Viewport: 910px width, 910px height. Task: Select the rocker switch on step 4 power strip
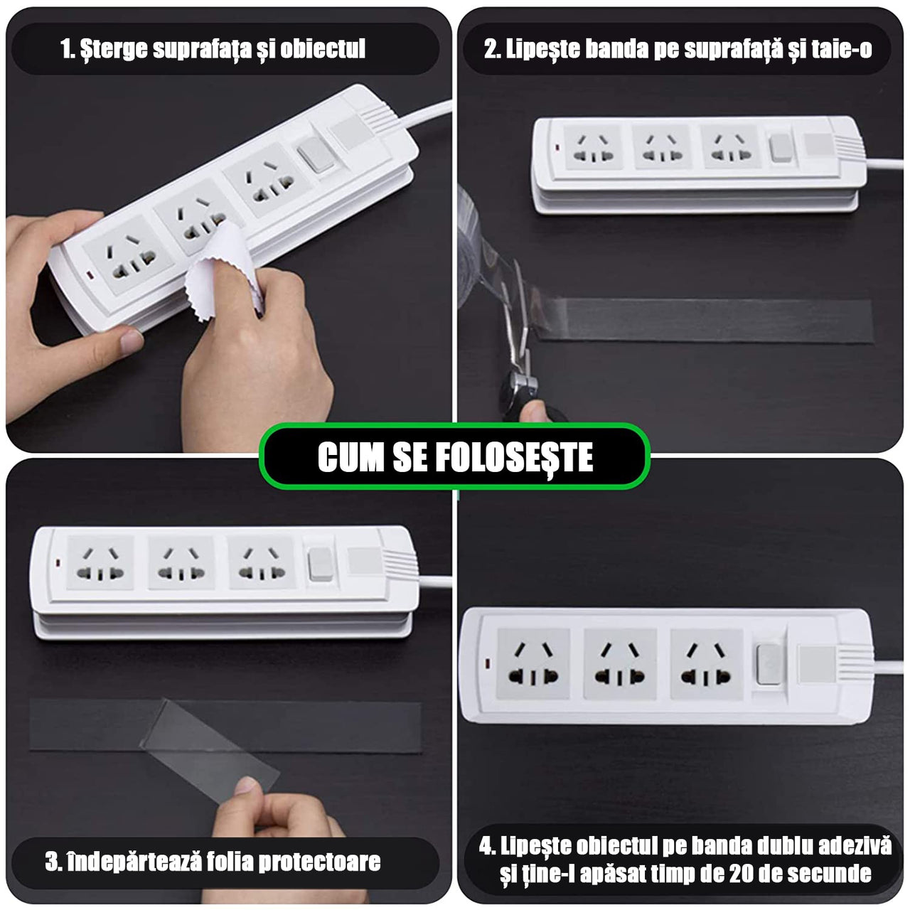(768, 664)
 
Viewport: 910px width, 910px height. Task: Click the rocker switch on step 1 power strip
(316, 154)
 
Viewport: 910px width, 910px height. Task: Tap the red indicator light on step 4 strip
(488, 665)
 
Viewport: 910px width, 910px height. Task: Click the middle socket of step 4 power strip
(619, 663)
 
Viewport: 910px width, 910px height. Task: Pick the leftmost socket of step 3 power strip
(101, 562)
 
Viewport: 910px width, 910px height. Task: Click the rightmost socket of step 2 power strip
(731, 147)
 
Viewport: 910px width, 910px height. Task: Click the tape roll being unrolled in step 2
(473, 235)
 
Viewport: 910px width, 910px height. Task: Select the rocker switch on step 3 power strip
(321, 564)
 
